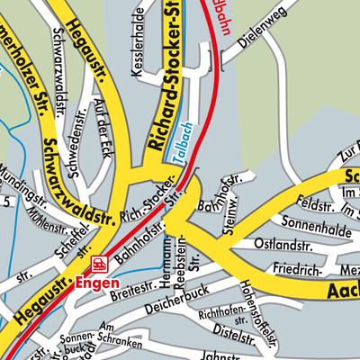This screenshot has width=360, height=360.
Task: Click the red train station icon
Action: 98,264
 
